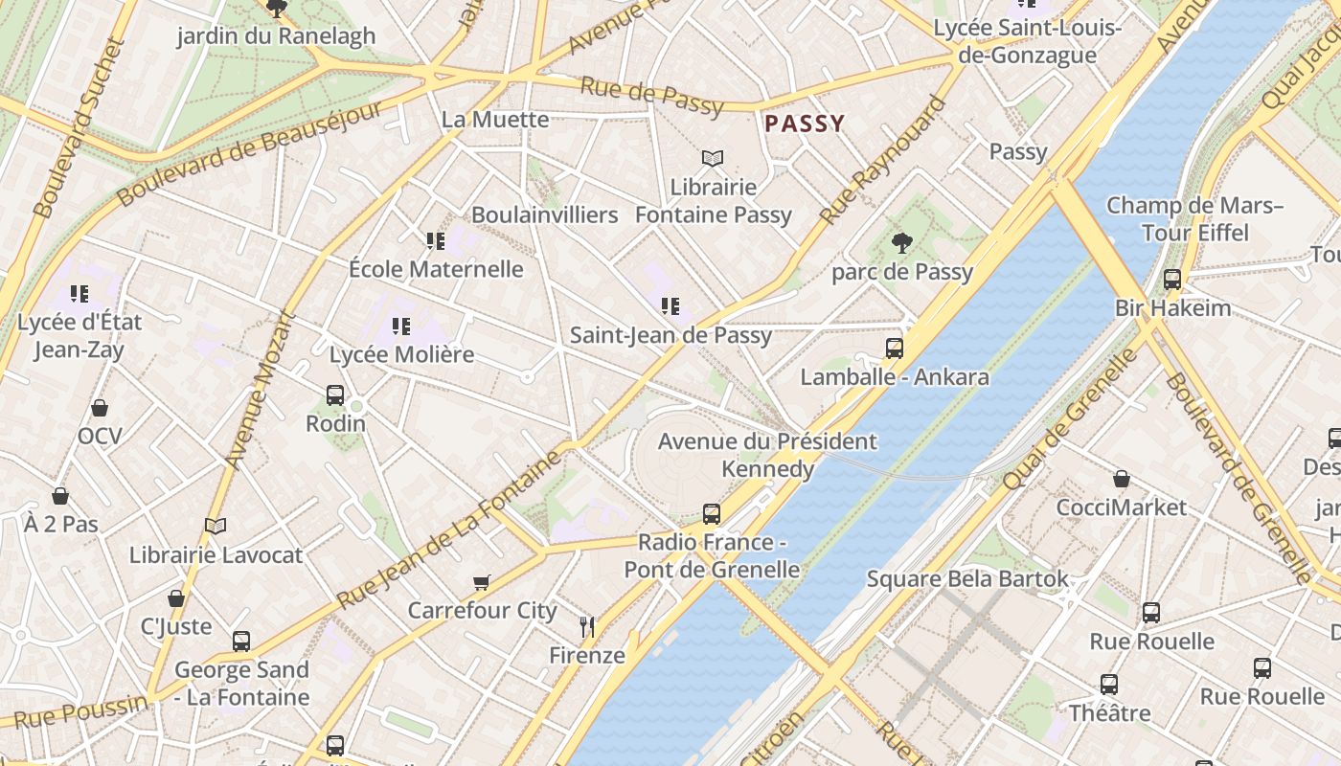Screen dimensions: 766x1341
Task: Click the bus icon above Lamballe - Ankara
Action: [x=894, y=349]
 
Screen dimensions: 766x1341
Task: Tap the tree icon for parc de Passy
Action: [x=900, y=243]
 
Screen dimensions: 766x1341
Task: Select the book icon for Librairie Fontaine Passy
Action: [x=712, y=158]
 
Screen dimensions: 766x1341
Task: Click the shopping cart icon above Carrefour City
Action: [x=482, y=582]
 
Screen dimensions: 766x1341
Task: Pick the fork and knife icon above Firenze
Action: [x=587, y=627]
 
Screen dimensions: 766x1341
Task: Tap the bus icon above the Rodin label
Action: [x=335, y=394]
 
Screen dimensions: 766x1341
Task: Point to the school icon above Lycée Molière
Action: [x=401, y=327]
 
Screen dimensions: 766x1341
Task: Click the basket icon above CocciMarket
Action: [x=1121, y=479]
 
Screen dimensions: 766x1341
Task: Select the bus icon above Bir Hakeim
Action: [x=1172, y=280]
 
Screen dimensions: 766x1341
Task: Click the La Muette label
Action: [x=495, y=120]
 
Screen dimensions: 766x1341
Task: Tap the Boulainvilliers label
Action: [x=544, y=214]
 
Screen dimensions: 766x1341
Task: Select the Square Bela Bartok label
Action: [x=966, y=579]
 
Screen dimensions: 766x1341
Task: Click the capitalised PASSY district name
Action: [x=805, y=124]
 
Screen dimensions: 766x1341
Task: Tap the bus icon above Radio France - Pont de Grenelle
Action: [x=711, y=514]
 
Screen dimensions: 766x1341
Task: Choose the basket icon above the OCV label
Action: [x=99, y=409]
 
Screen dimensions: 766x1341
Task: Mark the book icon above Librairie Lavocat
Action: [x=216, y=526]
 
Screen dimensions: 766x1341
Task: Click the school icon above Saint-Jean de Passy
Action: [x=670, y=306]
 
